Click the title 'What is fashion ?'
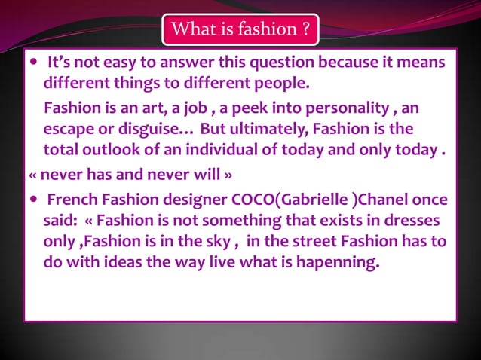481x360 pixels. coord(240,30)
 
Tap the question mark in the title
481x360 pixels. coord(305,30)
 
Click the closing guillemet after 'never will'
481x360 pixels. coord(225,175)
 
